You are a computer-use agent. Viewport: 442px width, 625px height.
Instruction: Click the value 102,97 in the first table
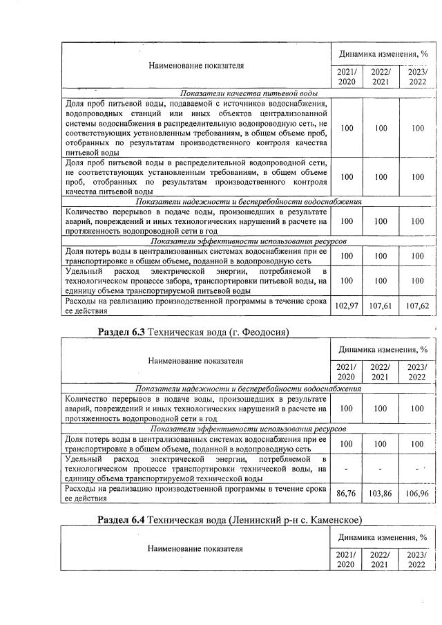click(x=346, y=306)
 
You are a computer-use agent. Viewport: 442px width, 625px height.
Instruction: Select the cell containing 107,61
click(x=381, y=306)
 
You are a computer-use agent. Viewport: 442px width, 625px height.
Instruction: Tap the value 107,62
click(x=417, y=306)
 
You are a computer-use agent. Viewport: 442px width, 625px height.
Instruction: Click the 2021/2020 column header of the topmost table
click(x=346, y=77)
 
